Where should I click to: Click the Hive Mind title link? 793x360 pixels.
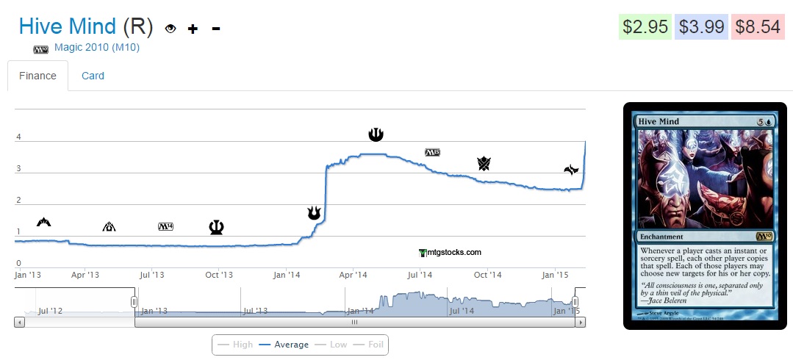pos(67,27)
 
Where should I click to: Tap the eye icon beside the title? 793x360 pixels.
pos(171,29)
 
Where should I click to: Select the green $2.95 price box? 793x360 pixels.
pos(645,27)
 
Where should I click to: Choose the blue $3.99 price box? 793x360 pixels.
pos(701,27)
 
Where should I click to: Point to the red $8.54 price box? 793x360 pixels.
pos(758,27)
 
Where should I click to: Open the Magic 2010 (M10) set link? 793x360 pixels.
pos(97,48)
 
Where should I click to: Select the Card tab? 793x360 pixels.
pos(93,76)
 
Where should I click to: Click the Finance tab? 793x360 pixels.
pos(37,76)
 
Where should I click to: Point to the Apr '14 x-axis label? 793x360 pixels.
pos(353,275)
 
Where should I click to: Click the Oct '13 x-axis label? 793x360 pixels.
pos(218,275)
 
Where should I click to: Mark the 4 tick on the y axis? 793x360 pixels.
pos(18,137)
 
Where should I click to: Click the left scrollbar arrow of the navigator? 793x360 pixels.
pos(19,322)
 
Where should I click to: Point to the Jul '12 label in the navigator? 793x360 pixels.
pos(50,311)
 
